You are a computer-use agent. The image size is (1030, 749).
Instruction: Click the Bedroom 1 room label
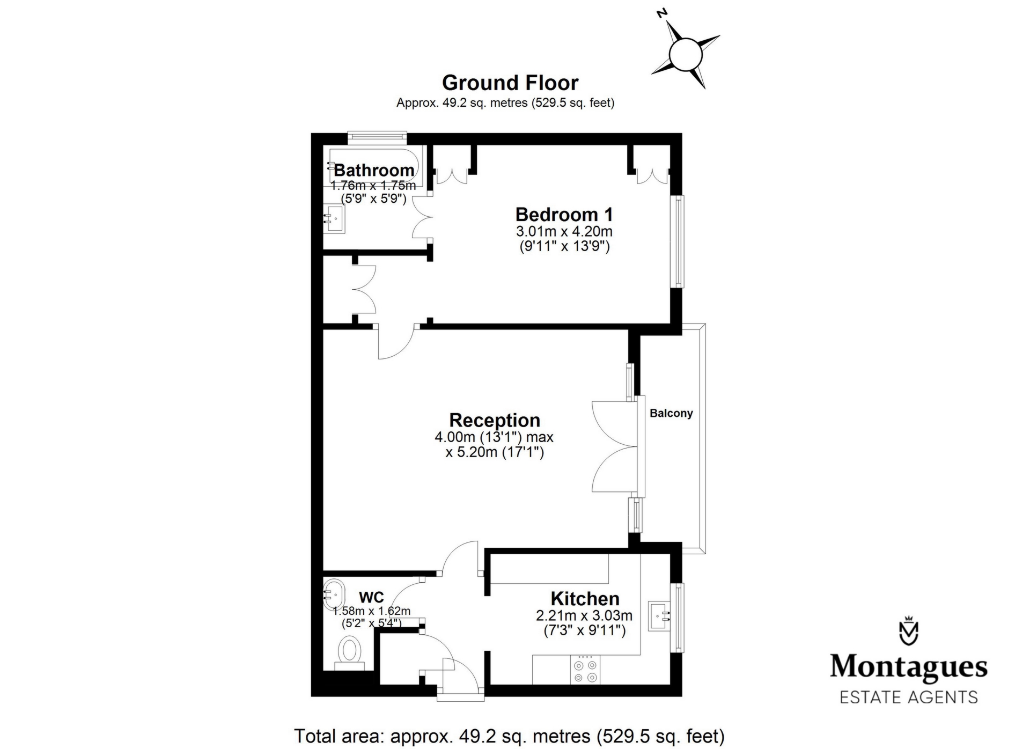[x=564, y=215]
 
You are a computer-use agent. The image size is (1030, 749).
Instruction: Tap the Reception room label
[x=494, y=420]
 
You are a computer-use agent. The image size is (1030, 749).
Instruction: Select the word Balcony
[x=671, y=413]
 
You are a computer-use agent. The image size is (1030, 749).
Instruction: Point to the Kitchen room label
[x=585, y=598]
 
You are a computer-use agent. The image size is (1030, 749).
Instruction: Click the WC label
[x=371, y=597]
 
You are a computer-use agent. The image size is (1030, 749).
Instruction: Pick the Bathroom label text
[x=374, y=171]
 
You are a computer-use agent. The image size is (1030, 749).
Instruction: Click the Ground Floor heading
[x=510, y=83]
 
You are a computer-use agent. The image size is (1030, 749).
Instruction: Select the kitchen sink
[x=659, y=616]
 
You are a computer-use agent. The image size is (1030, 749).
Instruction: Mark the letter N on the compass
[x=663, y=13]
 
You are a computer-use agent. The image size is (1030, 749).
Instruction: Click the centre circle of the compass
[x=686, y=54]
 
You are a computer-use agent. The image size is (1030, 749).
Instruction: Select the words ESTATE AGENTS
[x=908, y=697]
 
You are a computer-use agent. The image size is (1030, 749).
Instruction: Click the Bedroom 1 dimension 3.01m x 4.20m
[x=564, y=232]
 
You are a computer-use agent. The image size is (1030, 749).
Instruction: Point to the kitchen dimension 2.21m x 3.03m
[x=584, y=615]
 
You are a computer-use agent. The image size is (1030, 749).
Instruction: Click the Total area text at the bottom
[x=510, y=736]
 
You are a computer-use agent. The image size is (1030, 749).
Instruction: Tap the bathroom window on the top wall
[x=377, y=137]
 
